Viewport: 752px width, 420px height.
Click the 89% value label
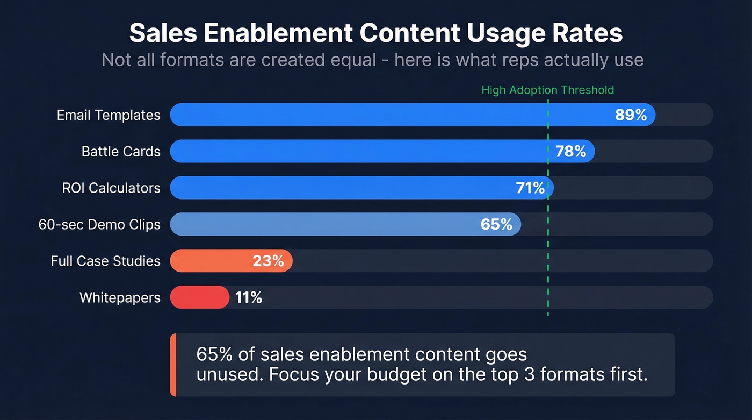(x=631, y=115)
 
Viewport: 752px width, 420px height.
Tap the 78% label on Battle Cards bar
(x=570, y=151)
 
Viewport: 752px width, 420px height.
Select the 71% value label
(x=530, y=188)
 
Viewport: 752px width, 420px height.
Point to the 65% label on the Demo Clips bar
(x=496, y=224)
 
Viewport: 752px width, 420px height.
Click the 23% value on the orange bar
(x=268, y=261)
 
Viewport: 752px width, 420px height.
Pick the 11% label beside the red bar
(x=248, y=297)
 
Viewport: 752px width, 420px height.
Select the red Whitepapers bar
(x=199, y=297)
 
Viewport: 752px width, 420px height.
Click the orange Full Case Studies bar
(x=215, y=261)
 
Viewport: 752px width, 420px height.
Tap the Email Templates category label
(x=109, y=115)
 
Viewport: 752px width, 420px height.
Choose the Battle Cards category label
(x=121, y=152)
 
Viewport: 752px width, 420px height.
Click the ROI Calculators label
(x=111, y=188)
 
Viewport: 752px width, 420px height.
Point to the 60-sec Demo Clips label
(x=99, y=224)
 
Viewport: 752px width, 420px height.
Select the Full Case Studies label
(x=106, y=261)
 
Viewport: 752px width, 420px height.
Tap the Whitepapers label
(x=120, y=297)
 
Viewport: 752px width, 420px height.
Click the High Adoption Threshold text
(x=547, y=90)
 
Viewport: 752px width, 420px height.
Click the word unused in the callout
(x=230, y=374)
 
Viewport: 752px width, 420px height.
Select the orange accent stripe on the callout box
(x=173, y=365)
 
